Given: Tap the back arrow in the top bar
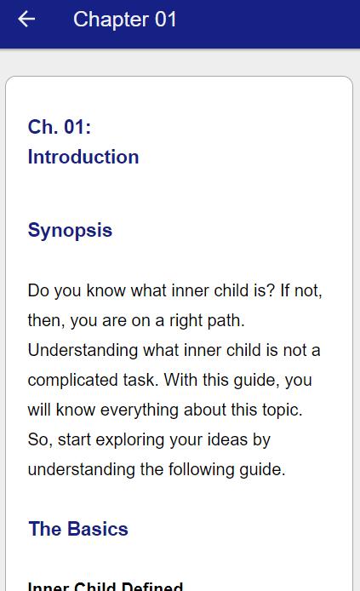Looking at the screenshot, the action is coord(26,20).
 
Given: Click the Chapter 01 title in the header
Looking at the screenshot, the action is coord(124,20).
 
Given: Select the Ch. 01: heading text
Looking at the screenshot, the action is coord(59,127).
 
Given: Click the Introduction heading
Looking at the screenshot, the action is coord(83,157).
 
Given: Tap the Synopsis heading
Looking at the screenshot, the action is coord(70,230).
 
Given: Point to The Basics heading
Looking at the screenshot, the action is coord(78,529).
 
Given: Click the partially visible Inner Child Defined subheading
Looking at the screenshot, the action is coord(106,586).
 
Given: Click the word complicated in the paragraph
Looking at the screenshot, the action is coord(92,380).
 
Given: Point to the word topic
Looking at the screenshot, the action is coord(282,410).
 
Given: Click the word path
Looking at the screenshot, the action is coord(226,321).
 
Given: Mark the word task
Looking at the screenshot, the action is coord(140,380).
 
